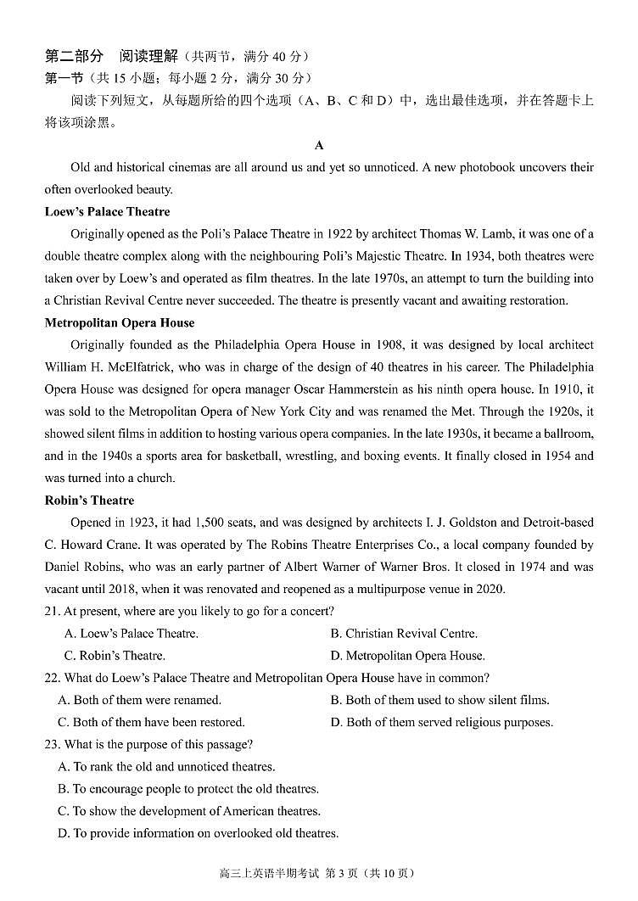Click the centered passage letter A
click(319, 145)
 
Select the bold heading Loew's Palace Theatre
click(107, 212)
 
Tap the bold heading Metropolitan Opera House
click(120, 323)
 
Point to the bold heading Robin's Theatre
click(89, 501)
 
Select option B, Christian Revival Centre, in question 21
click(404, 634)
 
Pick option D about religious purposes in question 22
click(441, 723)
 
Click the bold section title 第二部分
click(74, 57)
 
